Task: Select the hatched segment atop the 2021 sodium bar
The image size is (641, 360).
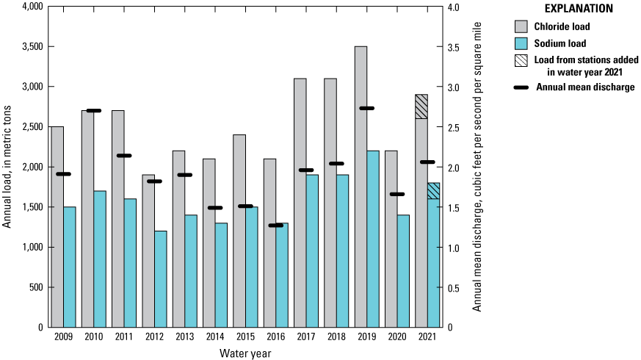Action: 434,191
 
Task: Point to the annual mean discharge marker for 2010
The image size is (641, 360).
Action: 93,110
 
